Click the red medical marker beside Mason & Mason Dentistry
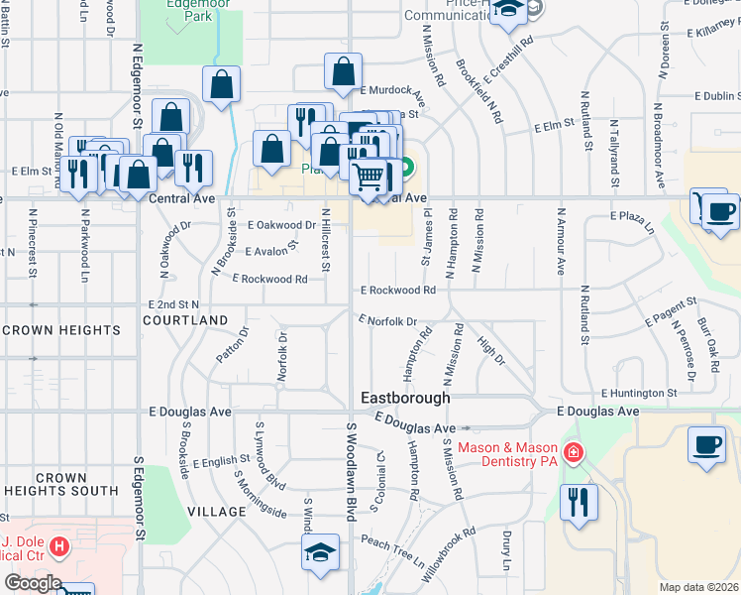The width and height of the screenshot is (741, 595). point(573,453)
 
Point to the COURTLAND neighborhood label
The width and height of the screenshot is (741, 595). point(185,320)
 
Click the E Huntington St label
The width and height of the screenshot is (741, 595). point(637,393)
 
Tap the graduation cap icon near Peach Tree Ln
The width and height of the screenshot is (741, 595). point(321,553)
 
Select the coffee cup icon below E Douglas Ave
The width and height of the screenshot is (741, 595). point(706,445)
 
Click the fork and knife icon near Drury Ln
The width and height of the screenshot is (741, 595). point(579,502)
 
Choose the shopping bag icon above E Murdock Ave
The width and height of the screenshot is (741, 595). point(343,72)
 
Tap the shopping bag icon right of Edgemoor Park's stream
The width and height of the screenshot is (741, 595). point(271,150)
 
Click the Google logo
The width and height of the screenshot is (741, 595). point(32,583)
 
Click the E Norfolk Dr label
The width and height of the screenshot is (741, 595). point(388,320)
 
